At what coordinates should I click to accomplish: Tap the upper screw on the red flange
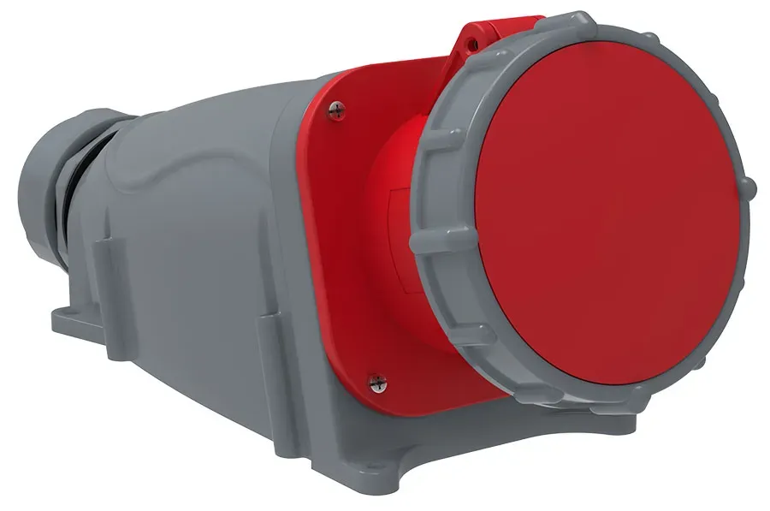(335, 107)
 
